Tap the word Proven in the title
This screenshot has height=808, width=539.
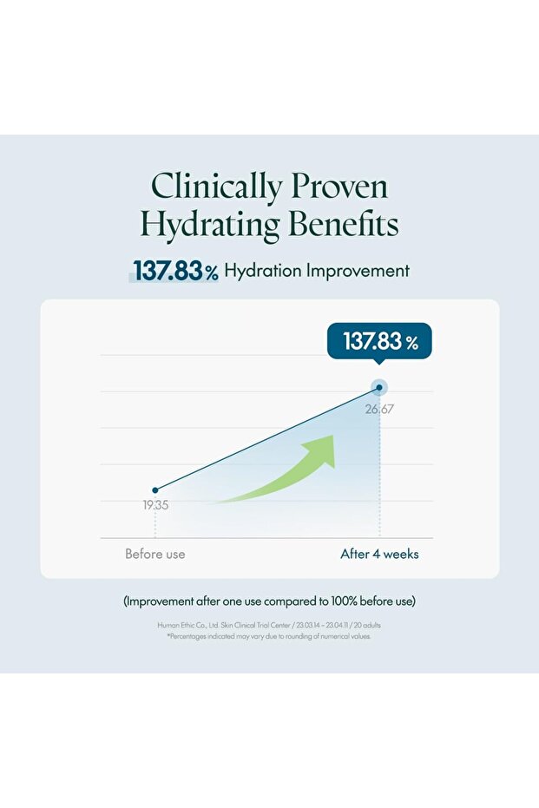[339, 187]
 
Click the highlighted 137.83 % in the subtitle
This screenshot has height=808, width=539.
[174, 271]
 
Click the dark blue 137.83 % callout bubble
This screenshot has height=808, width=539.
[380, 341]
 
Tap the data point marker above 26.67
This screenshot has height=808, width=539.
[379, 388]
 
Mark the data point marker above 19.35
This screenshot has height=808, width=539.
[155, 490]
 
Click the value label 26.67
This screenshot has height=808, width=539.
[379, 409]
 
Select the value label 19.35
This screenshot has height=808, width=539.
[156, 504]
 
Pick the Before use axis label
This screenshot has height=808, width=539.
[155, 554]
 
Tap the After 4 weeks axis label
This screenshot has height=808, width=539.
[379, 554]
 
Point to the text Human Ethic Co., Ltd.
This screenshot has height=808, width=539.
[187, 625]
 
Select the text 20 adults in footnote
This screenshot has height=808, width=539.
[367, 625]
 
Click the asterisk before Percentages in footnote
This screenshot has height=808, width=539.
[168, 636]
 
